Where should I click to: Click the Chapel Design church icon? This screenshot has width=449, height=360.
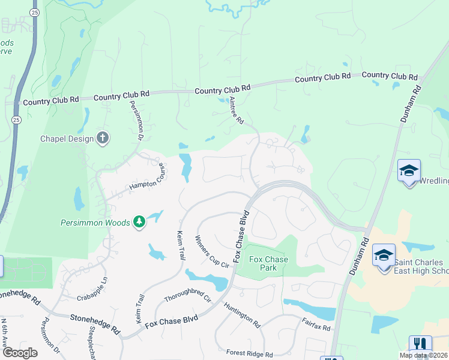(x=103, y=139)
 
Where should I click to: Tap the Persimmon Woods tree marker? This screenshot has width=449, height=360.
(x=139, y=223)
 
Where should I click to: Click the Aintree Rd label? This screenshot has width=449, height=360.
(x=236, y=111)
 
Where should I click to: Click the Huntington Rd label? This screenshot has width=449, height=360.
(x=242, y=314)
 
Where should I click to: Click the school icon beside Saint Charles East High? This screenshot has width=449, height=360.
(x=384, y=256)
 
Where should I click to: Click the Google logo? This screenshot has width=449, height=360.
(x=19, y=352)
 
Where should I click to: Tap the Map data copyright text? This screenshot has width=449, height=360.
(x=423, y=355)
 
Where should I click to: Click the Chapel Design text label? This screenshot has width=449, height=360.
(x=67, y=139)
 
